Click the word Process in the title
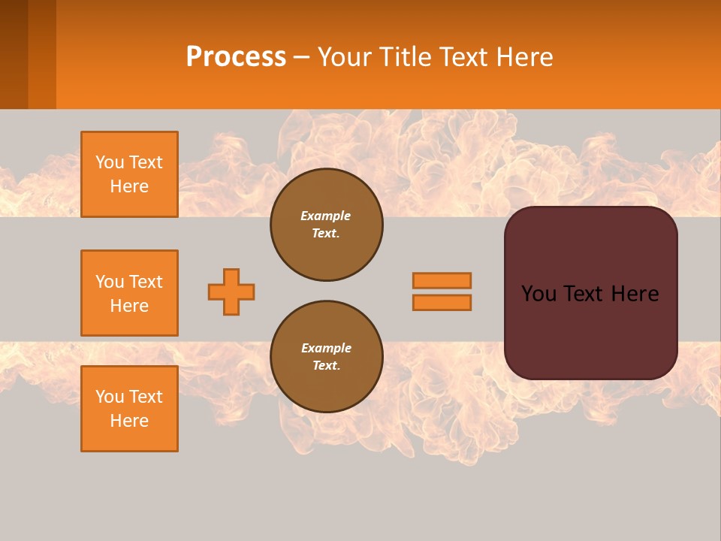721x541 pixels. tap(236, 57)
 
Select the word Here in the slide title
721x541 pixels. tap(523, 57)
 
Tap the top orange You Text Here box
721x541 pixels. tap(129, 174)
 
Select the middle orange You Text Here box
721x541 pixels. tap(129, 293)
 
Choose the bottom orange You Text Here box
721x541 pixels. tap(129, 409)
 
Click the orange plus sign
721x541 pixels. tap(231, 292)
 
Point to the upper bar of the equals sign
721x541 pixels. tap(442, 280)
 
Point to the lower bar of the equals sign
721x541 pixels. tap(442, 302)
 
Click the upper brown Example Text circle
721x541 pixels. tap(327, 225)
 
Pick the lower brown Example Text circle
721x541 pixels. tap(327, 357)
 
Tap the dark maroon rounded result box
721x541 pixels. tap(590, 331)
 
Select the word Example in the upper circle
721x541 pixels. tap(326, 216)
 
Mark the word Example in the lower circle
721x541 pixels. tap(326, 348)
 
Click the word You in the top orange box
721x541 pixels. tap(110, 162)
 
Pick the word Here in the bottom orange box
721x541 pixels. tap(129, 421)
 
